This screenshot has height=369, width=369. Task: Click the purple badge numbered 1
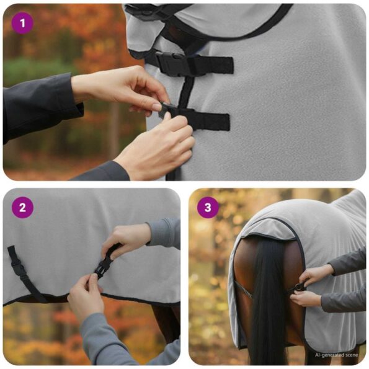click(x=22, y=24)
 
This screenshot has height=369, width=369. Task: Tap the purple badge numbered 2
click(x=22, y=208)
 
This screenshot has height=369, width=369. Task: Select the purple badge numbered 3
click(x=208, y=208)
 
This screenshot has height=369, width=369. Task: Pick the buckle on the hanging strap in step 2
click(x=19, y=269)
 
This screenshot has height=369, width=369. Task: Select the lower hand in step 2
click(x=87, y=298)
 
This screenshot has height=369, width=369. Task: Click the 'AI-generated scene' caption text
click(x=336, y=355)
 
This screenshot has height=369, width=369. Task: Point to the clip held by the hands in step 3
click(x=298, y=287)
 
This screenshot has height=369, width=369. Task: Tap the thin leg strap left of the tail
click(x=243, y=288)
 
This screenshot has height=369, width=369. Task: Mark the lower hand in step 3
click(x=308, y=299)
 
